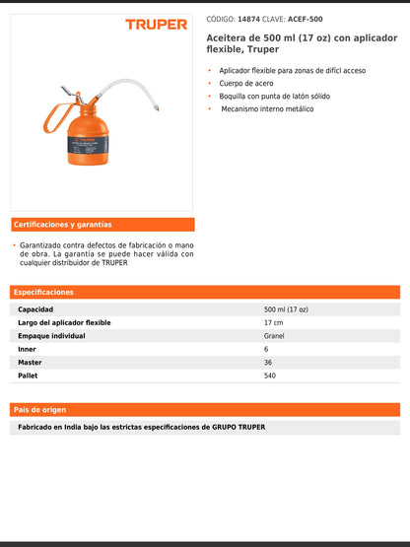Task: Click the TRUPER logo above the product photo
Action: (156, 24)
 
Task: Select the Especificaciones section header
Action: (43, 293)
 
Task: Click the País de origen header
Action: (39, 409)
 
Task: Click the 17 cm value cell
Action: (273, 322)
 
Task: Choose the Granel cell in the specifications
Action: (274, 336)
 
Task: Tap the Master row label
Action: (30, 362)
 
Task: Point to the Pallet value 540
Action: (270, 376)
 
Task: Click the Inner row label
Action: (28, 349)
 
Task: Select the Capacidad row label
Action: (35, 309)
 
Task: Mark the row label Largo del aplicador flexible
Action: (64, 322)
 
